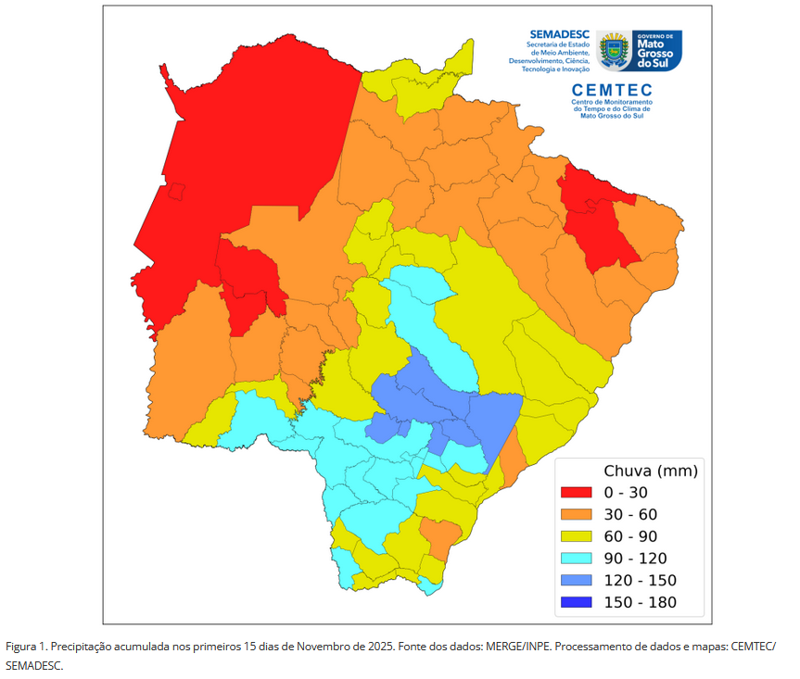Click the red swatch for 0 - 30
[x=577, y=492]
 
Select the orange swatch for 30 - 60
[x=577, y=514]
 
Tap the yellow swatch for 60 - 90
[x=577, y=536]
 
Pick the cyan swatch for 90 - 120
[x=577, y=559]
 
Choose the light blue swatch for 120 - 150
[x=577, y=581]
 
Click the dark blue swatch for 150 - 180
[x=577, y=603]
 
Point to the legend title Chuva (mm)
[x=650, y=471]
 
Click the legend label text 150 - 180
[x=640, y=603]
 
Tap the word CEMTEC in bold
[x=613, y=90]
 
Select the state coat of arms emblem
[x=615, y=50]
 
